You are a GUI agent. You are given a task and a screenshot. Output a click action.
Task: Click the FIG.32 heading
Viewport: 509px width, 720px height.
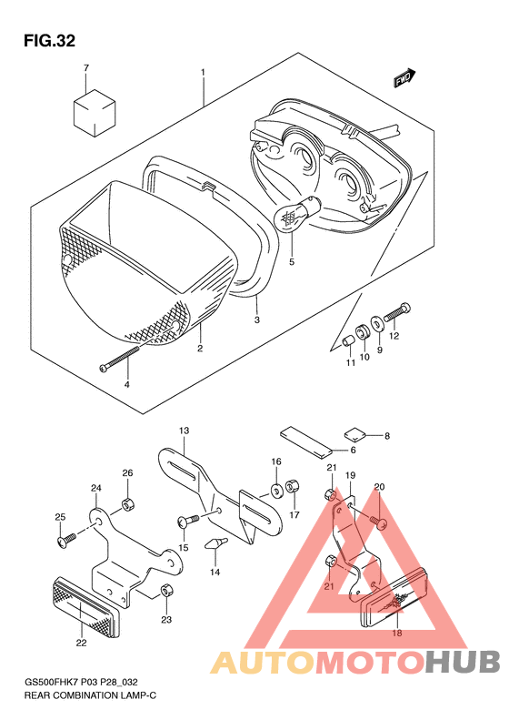point(49,41)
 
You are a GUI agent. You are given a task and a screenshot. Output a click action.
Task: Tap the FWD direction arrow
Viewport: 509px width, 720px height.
point(404,78)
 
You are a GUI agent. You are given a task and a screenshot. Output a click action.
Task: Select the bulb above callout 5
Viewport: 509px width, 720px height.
point(295,213)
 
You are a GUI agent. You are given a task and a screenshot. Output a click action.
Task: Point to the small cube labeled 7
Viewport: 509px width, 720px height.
point(95,113)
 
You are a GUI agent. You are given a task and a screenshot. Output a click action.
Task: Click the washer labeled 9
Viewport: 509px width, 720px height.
point(378,324)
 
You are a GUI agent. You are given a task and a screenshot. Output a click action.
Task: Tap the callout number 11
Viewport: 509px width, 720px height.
point(350,363)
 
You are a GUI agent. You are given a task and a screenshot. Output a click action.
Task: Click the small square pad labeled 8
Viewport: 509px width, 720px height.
point(354,433)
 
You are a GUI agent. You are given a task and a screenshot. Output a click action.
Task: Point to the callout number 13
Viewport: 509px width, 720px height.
point(184,431)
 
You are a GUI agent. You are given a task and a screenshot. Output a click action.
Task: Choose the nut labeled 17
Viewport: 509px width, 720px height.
point(292,487)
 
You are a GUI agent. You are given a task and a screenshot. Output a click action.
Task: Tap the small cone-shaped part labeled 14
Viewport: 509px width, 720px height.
point(215,543)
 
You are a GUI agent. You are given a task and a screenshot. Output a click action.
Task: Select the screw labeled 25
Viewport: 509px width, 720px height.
point(66,539)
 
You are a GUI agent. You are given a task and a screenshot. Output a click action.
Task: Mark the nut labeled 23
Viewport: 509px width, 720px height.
point(166,591)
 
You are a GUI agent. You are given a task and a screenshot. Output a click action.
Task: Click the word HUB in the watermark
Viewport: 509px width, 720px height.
point(462,662)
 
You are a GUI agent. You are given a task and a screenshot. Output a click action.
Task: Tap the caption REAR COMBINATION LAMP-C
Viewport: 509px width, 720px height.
point(90,695)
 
